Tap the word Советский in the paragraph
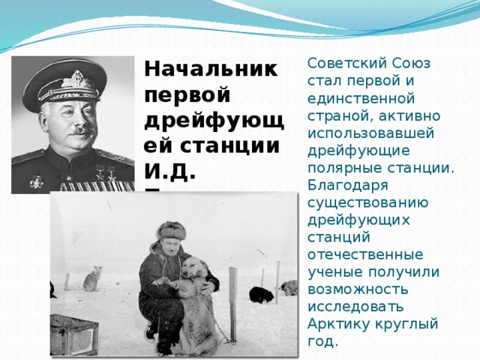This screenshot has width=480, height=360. (342, 63)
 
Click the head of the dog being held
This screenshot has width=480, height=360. (196, 267)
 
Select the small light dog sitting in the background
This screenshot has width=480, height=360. (92, 279)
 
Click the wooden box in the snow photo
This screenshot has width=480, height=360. (76, 333)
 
